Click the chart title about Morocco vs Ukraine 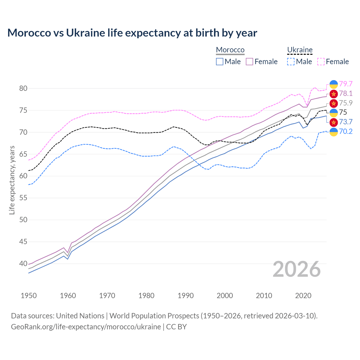point(132,33)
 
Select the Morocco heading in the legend point(230,50)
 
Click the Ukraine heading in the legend point(300,50)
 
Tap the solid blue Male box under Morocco point(220,62)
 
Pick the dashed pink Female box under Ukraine point(321,62)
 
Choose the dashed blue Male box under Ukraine point(291,62)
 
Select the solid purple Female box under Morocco point(249,62)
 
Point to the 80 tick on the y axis point(23,88)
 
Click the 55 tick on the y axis point(23,198)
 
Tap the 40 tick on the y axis point(23,264)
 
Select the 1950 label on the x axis point(29,296)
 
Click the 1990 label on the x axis point(186,296)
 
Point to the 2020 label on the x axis point(303,296)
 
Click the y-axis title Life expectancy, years point(12,180)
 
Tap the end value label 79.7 point(346,84)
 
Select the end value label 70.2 point(346,131)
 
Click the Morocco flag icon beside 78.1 point(334,94)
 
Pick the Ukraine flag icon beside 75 point(334,112)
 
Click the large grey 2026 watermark point(297,269)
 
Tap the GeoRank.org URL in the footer point(86,327)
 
